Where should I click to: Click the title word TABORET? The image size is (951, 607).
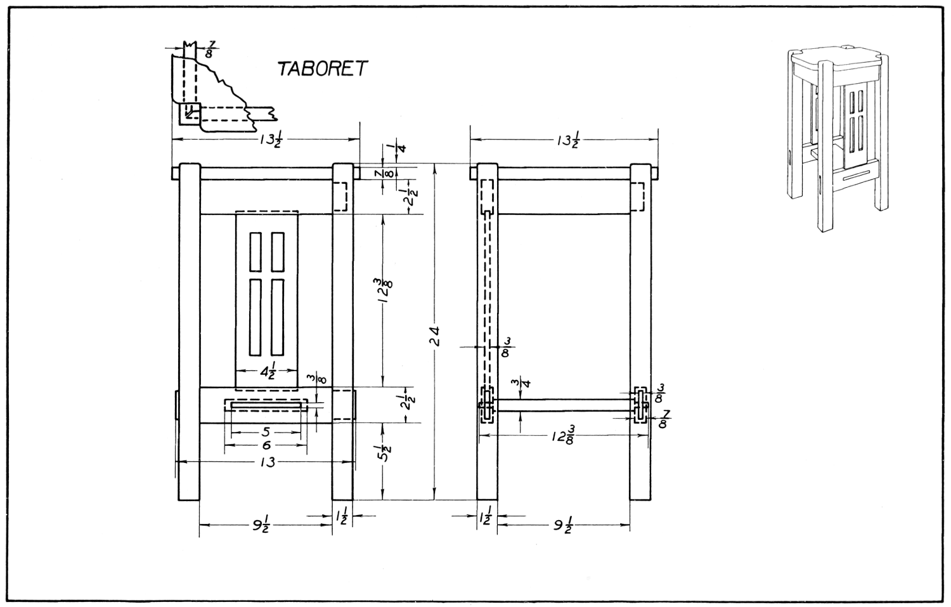tap(322, 69)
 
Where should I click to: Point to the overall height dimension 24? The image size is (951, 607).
tap(434, 335)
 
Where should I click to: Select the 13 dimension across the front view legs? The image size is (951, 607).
tap(267, 462)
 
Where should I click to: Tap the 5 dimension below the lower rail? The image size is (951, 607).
tap(266, 432)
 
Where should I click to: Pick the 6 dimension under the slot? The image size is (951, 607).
tap(266, 446)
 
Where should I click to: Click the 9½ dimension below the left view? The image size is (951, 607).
tap(261, 525)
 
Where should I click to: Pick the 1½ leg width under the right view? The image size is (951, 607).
tap(486, 518)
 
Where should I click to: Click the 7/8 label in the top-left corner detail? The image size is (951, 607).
tap(210, 49)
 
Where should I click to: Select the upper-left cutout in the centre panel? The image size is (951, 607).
tap(256, 252)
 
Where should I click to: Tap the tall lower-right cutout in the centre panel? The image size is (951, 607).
tap(277, 317)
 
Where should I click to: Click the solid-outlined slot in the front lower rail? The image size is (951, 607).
tap(266, 405)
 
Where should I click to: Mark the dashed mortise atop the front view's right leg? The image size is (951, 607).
tap(340, 197)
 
